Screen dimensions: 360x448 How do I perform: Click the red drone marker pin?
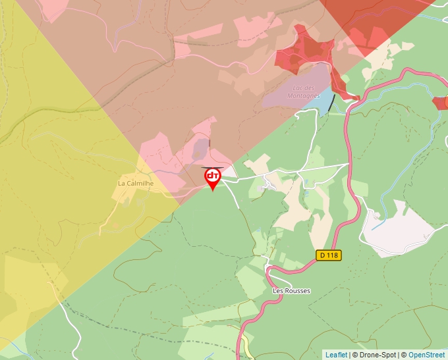point(213,178)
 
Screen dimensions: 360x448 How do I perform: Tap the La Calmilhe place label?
point(136,183)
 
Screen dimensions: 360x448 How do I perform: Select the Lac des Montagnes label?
point(302,91)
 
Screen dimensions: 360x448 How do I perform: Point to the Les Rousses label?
point(291,291)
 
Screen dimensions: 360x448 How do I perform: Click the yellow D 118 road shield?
point(329,255)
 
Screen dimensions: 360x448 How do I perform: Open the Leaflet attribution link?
point(336,355)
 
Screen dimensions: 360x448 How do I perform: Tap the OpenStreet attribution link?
point(427,355)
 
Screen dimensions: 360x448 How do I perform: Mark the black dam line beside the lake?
point(331,102)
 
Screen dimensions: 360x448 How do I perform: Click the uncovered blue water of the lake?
point(325,100)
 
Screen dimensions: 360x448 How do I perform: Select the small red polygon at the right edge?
point(440,103)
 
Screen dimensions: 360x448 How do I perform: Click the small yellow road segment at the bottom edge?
point(246,342)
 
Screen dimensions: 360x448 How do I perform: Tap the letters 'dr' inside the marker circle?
point(213,176)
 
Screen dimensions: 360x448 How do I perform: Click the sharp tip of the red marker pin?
point(213,191)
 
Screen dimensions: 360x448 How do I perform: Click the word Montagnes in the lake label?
point(302,95)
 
